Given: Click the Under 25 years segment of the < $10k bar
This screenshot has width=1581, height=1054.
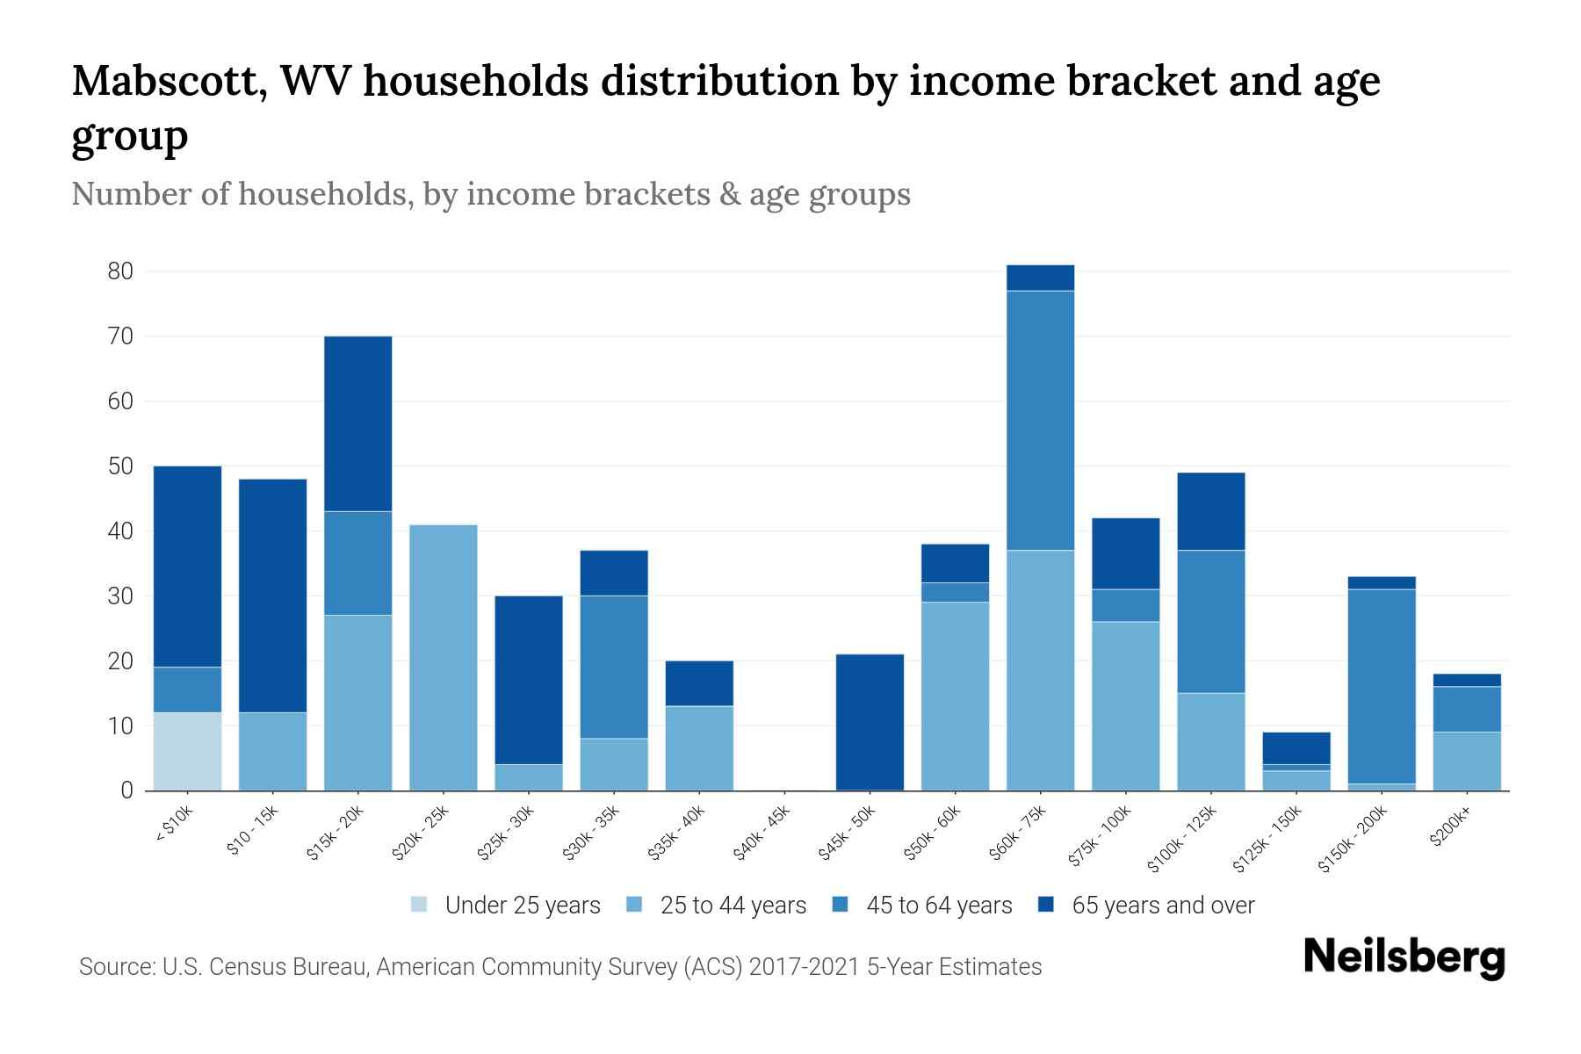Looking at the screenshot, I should pyautogui.click(x=187, y=751).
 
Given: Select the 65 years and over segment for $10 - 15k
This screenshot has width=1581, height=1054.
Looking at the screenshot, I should pyautogui.click(x=272, y=596).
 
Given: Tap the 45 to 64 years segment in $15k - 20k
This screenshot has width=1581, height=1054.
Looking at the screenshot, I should pyautogui.click(x=357, y=563).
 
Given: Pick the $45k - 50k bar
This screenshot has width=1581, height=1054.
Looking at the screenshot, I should pyautogui.click(x=870, y=722).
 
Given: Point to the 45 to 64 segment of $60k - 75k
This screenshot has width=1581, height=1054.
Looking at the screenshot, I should pyautogui.click(x=1040, y=420).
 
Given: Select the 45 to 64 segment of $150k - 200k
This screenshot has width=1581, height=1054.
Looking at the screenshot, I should pyautogui.click(x=1382, y=686).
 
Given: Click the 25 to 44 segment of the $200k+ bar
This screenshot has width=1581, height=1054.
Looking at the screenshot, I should pyautogui.click(x=1467, y=761).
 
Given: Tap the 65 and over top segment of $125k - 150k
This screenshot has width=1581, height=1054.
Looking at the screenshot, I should pyautogui.click(x=1296, y=748).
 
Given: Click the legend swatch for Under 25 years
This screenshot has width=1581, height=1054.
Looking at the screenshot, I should pyautogui.click(x=420, y=905).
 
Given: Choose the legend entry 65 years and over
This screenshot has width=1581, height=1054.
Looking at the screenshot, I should pyautogui.click(x=1163, y=905).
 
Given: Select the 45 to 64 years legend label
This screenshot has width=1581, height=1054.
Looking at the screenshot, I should pyautogui.click(x=939, y=905).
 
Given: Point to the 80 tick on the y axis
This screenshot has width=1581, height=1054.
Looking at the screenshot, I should pyautogui.click(x=120, y=271).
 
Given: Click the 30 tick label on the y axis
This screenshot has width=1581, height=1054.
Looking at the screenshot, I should pyautogui.click(x=120, y=596).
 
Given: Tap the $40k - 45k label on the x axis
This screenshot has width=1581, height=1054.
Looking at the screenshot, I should pyautogui.click(x=762, y=834).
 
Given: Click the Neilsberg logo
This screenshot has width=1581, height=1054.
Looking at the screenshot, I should pyautogui.click(x=1404, y=957).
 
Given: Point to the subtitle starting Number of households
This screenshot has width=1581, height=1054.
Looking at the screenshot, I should pyautogui.click(x=491, y=194).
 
